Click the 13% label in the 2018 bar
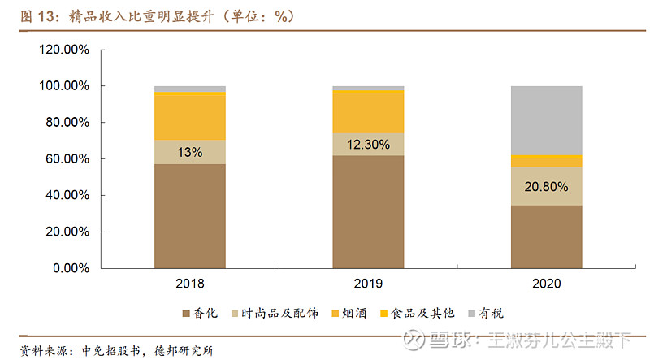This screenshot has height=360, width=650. [190, 152]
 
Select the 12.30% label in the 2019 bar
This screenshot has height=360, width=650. [368, 145]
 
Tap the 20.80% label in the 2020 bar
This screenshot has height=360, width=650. [546, 186]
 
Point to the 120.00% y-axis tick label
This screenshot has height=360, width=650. [63, 50]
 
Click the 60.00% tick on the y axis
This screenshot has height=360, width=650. [67, 158]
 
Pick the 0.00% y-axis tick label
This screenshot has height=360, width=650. [70, 268]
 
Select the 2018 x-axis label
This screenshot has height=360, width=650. [190, 284]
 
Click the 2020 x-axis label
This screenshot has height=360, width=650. [546, 284]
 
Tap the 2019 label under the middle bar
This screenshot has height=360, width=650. [368, 284]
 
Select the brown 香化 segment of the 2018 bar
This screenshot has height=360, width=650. [190, 215]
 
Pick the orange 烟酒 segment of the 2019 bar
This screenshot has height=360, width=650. [368, 113]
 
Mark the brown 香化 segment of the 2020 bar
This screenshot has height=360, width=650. [546, 236]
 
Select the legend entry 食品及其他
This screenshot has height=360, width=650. [416, 313]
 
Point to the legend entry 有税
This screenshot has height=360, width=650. [485, 313]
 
